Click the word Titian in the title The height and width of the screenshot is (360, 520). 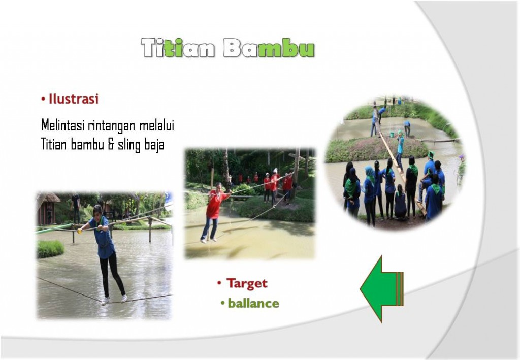178,48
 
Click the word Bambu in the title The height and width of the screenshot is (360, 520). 269,48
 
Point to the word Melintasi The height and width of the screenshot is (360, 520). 63,125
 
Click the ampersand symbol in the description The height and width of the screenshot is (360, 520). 111,145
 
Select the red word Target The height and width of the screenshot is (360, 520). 247,283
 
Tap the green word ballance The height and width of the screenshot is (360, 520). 253,303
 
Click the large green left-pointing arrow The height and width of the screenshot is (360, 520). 381,289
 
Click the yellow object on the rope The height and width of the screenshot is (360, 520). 80,231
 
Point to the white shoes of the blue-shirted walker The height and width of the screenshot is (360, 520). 114,300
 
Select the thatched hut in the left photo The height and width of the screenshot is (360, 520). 47,208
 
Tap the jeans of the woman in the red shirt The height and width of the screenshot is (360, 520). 209,228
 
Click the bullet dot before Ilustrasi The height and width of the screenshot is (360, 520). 43,99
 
